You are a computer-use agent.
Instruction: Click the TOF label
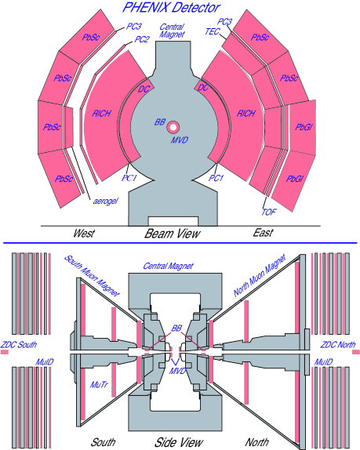(269, 212)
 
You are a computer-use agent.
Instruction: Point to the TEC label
(212, 31)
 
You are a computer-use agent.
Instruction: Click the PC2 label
(142, 38)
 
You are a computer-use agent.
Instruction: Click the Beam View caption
(172, 233)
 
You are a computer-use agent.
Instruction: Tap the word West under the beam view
(84, 233)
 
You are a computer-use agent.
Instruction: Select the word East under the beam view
(263, 233)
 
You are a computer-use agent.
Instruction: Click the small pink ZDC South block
(5, 353)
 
